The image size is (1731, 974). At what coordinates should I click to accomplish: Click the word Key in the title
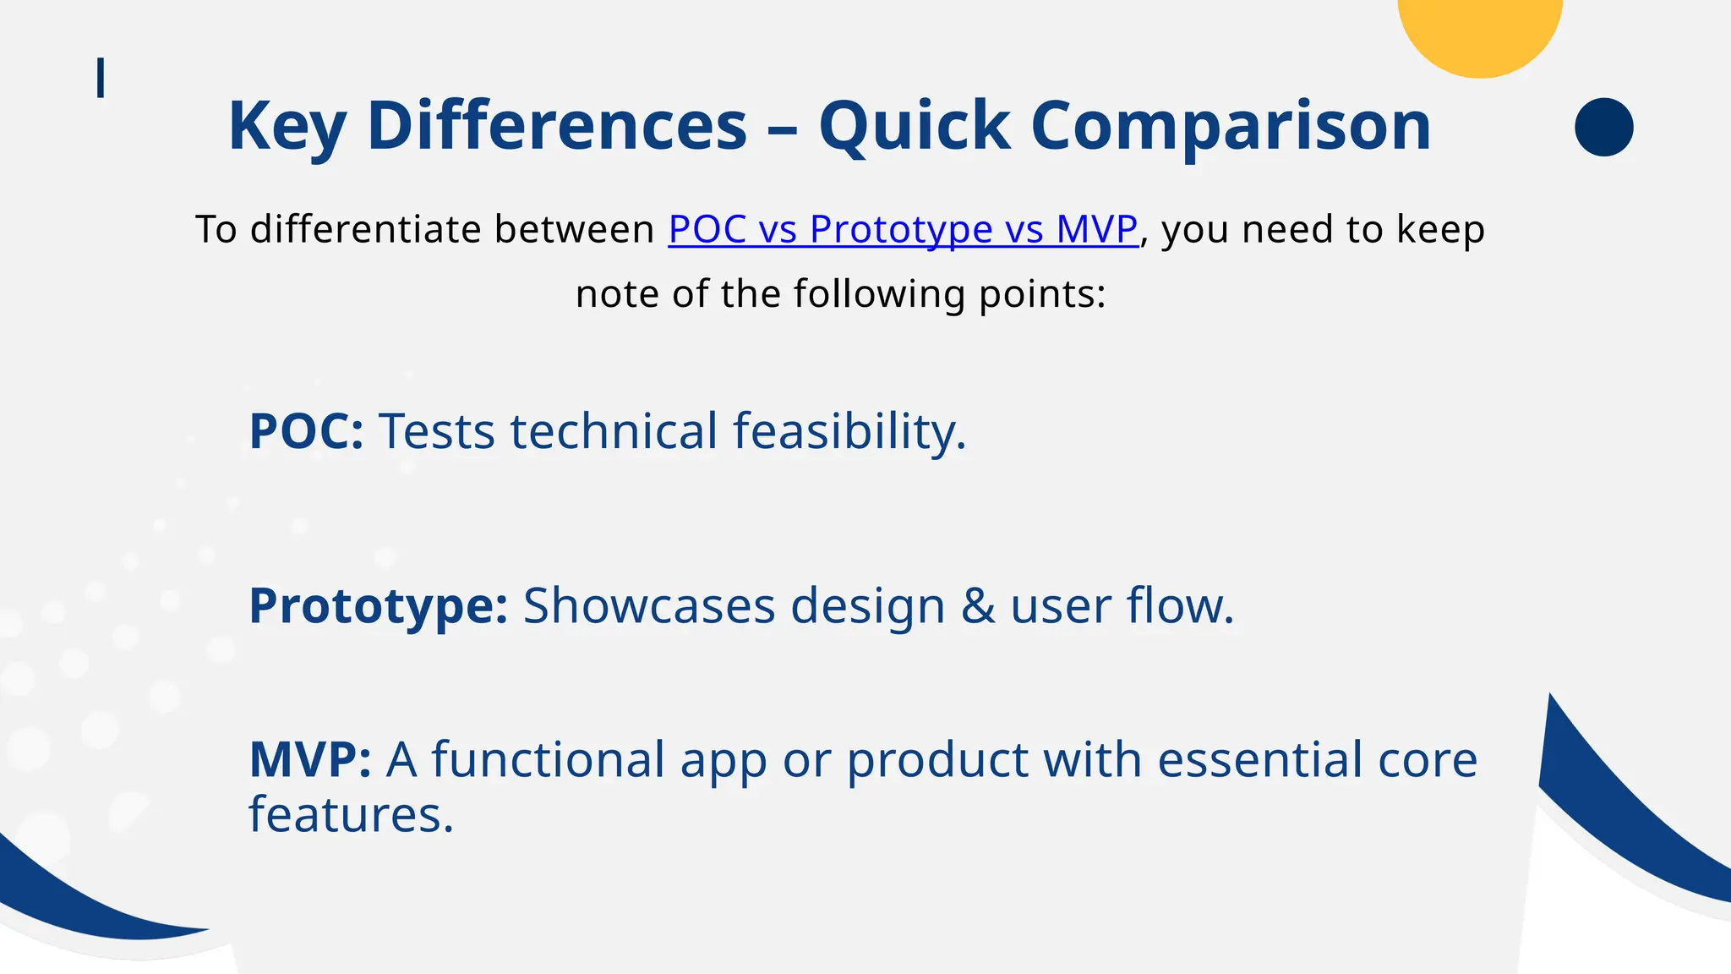[287, 126]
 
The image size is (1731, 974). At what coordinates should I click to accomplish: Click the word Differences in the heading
[557, 126]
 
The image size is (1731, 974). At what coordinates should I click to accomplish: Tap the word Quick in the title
[914, 126]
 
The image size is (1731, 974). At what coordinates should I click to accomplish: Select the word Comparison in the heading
[1231, 126]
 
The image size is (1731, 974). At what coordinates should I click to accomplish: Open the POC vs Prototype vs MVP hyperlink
[903, 229]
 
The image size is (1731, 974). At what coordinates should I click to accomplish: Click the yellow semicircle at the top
[1479, 34]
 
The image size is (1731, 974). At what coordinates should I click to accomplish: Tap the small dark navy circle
[1603, 127]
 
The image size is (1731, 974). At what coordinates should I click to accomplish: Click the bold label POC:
[306, 431]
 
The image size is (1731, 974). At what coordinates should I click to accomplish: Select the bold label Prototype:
[378, 606]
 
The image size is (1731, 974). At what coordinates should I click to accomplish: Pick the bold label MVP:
[309, 759]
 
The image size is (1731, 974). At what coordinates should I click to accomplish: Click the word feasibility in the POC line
[849, 431]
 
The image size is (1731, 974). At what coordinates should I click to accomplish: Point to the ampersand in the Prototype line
[977, 606]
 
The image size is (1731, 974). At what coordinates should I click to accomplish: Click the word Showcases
[648, 606]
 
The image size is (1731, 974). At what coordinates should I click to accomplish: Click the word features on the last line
[351, 815]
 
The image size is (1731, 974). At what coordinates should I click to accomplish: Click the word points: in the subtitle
[1041, 294]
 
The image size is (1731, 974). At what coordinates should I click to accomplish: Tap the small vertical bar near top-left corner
[101, 78]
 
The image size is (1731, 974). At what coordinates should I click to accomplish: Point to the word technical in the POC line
[614, 431]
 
